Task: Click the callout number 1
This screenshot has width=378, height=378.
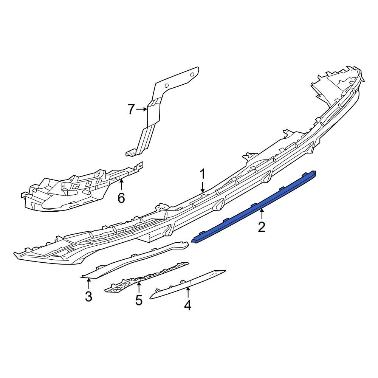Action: click(203, 174)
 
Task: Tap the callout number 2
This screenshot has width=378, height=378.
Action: click(262, 227)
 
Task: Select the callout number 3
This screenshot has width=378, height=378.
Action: click(89, 296)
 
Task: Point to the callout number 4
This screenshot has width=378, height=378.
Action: click(188, 305)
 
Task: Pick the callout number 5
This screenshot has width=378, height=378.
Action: click(139, 300)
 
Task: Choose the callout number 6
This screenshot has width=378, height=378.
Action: click(121, 198)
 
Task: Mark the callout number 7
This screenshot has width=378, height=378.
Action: click(131, 109)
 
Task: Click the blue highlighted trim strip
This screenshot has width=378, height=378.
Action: click(254, 207)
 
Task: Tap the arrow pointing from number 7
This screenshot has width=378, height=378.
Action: click(141, 109)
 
